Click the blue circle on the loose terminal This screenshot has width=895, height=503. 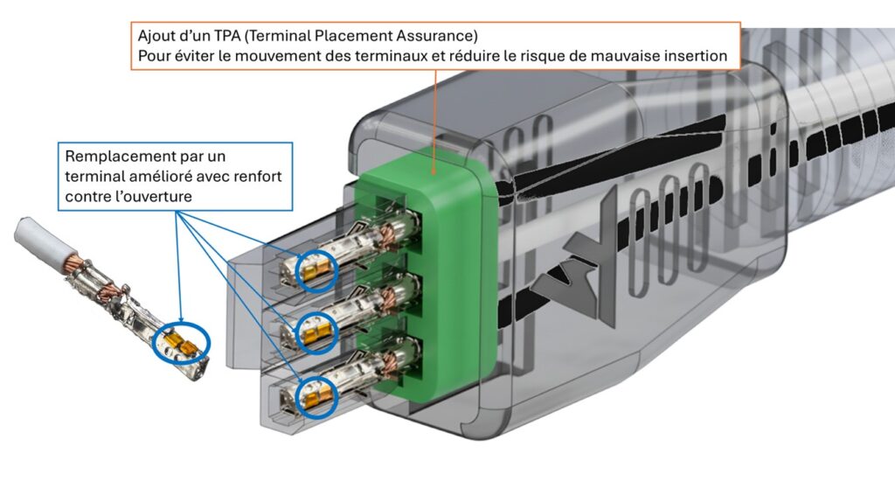tap(182, 343)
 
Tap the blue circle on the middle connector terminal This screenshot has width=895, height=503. tap(316, 332)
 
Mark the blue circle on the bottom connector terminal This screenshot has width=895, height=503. tap(316, 396)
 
